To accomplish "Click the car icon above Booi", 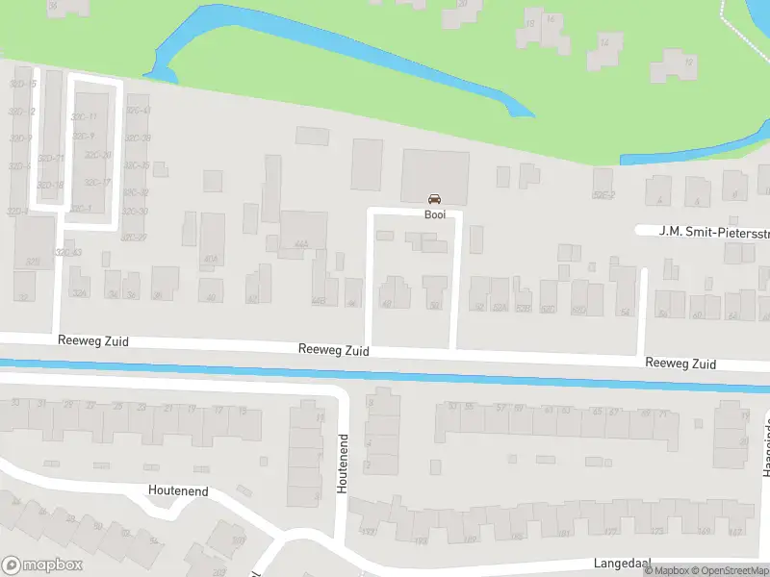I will pyautogui.click(x=435, y=199).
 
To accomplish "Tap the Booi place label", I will pyautogui.click(x=435, y=214).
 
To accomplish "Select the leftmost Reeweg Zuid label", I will pyautogui.click(x=92, y=341).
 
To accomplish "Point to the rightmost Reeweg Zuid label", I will pyautogui.click(x=680, y=364).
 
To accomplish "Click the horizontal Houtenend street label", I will pyautogui.click(x=178, y=490).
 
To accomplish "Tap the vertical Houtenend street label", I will pyautogui.click(x=342, y=464).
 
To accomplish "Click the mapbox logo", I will pyautogui.click(x=41, y=565).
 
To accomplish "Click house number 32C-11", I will pyautogui.click(x=84, y=117).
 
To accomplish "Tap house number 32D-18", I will pyautogui.click(x=51, y=185).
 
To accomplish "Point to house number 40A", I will pyautogui.click(x=211, y=258).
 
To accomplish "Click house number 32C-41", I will pyautogui.click(x=139, y=111).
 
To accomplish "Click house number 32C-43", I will pyautogui.click(x=68, y=252).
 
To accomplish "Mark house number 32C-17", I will pyautogui.click(x=97, y=183).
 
